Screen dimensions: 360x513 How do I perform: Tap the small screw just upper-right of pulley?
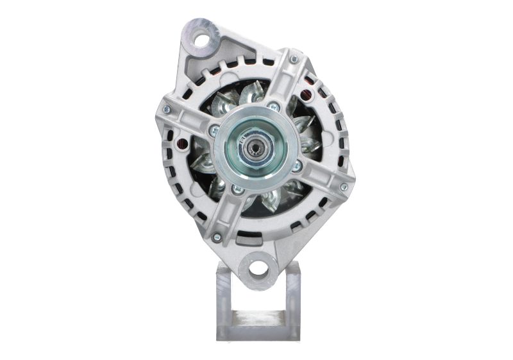tap(274, 107)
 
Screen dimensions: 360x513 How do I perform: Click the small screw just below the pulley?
tap(238, 190)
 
